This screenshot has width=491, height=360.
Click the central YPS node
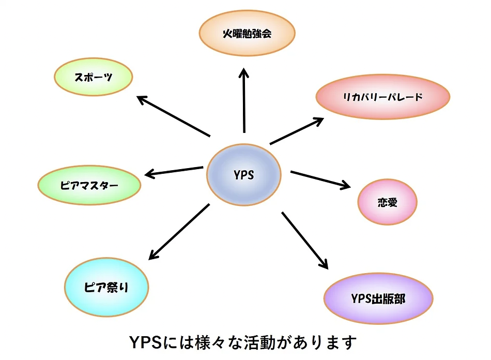[243, 175]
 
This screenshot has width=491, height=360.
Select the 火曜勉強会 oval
[247, 35]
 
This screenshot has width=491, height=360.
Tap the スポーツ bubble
[94, 77]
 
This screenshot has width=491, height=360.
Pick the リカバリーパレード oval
[383, 97]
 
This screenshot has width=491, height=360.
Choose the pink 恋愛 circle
[387, 202]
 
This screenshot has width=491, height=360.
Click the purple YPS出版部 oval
[378, 299]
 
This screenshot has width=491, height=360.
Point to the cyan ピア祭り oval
[106, 287]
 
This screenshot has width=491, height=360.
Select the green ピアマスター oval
[89, 185]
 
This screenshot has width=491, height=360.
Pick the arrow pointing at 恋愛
[320, 179]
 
